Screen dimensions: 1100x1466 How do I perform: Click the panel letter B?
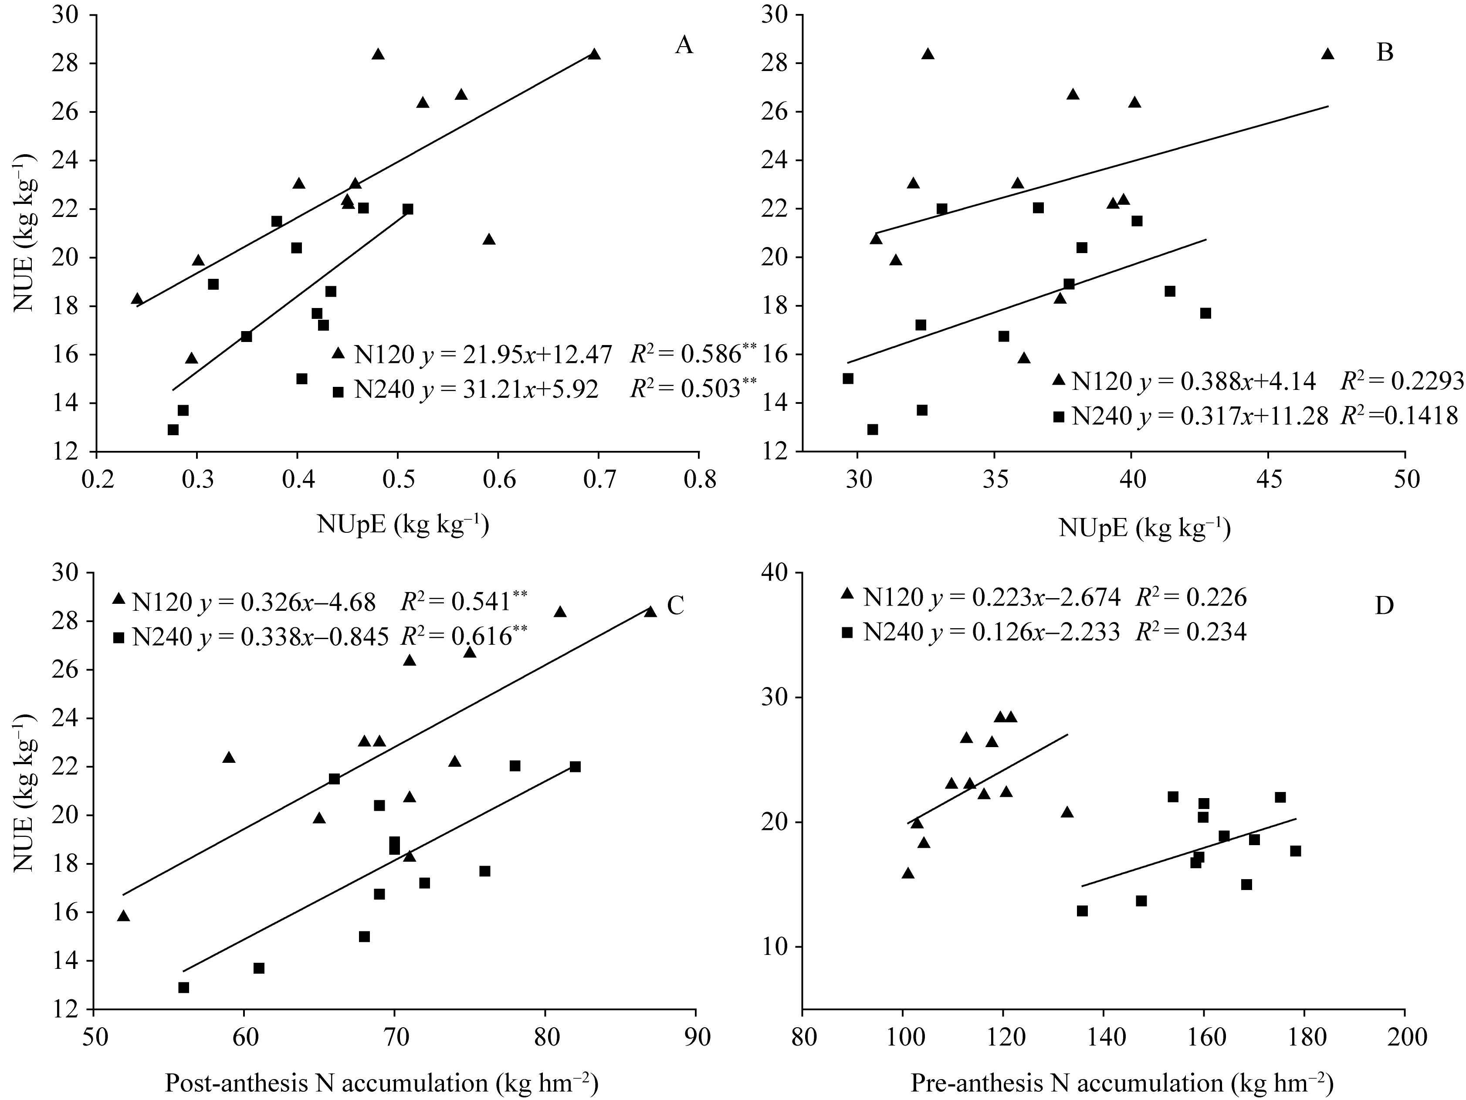[x=1385, y=52]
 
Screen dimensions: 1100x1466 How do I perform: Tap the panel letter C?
[x=675, y=606]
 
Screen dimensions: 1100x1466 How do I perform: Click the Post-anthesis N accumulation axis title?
[x=382, y=1083]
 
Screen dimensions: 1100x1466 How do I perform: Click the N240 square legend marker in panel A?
[x=338, y=392]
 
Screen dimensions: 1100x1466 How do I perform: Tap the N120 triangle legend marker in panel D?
[x=846, y=594]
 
